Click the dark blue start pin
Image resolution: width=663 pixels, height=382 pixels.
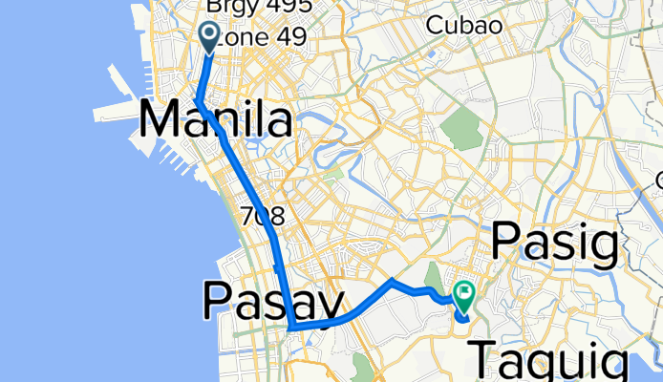209,36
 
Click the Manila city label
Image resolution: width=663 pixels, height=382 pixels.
216,121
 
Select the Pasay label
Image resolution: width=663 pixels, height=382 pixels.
272,303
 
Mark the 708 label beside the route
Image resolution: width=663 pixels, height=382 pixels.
264,217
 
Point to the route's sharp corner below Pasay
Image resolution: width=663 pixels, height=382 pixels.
289,329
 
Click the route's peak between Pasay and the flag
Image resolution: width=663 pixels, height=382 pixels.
391,281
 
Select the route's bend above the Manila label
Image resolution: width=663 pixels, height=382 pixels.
197,100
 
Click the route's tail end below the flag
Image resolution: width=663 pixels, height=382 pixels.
463,318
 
